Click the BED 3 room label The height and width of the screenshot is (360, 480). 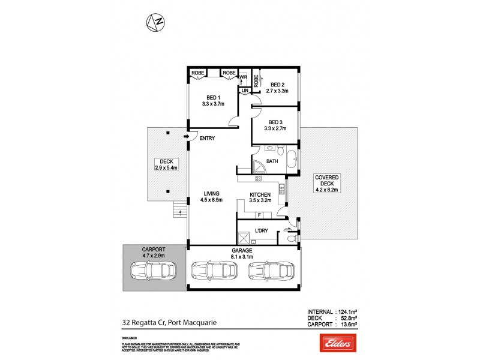tap(275, 121)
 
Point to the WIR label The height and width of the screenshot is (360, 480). tap(244, 77)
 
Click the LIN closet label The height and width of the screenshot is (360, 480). tap(244, 90)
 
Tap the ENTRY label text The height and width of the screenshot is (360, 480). tap(207, 139)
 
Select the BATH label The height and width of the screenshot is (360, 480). tap(272, 161)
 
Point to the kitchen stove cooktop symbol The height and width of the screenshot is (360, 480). tap(259, 178)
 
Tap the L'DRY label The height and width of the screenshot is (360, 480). tap(262, 231)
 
